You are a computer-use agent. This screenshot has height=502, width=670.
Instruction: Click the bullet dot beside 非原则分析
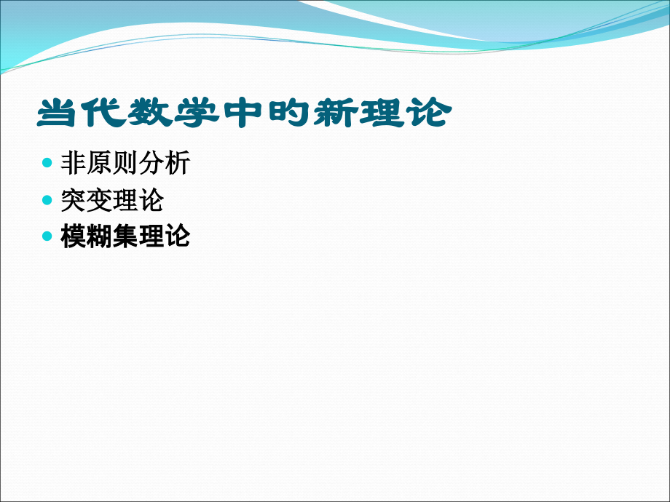[48, 162]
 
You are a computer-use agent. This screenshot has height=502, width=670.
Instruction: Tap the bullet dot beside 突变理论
[48, 199]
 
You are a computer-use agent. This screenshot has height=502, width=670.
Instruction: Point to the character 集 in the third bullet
[125, 237]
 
